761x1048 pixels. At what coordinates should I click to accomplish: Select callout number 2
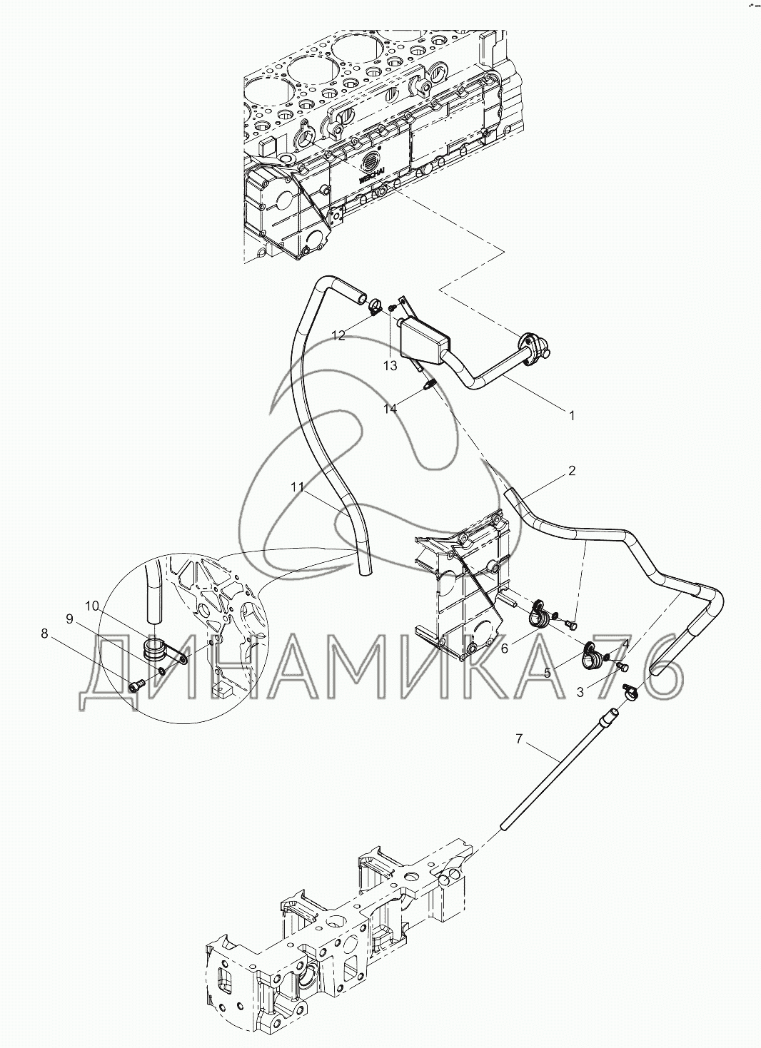[x=572, y=471]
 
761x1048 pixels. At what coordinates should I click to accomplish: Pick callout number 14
[x=389, y=409]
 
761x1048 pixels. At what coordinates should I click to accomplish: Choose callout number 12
[x=338, y=335]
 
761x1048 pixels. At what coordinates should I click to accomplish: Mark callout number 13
[x=389, y=365]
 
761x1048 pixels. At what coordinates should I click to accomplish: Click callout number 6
[x=504, y=648]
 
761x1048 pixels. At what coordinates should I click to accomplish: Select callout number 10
[x=91, y=606]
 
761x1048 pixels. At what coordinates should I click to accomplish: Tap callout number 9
[x=70, y=619]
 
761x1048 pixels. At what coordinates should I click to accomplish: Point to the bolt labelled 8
[x=137, y=684]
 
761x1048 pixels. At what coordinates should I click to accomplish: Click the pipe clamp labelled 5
[x=592, y=655]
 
